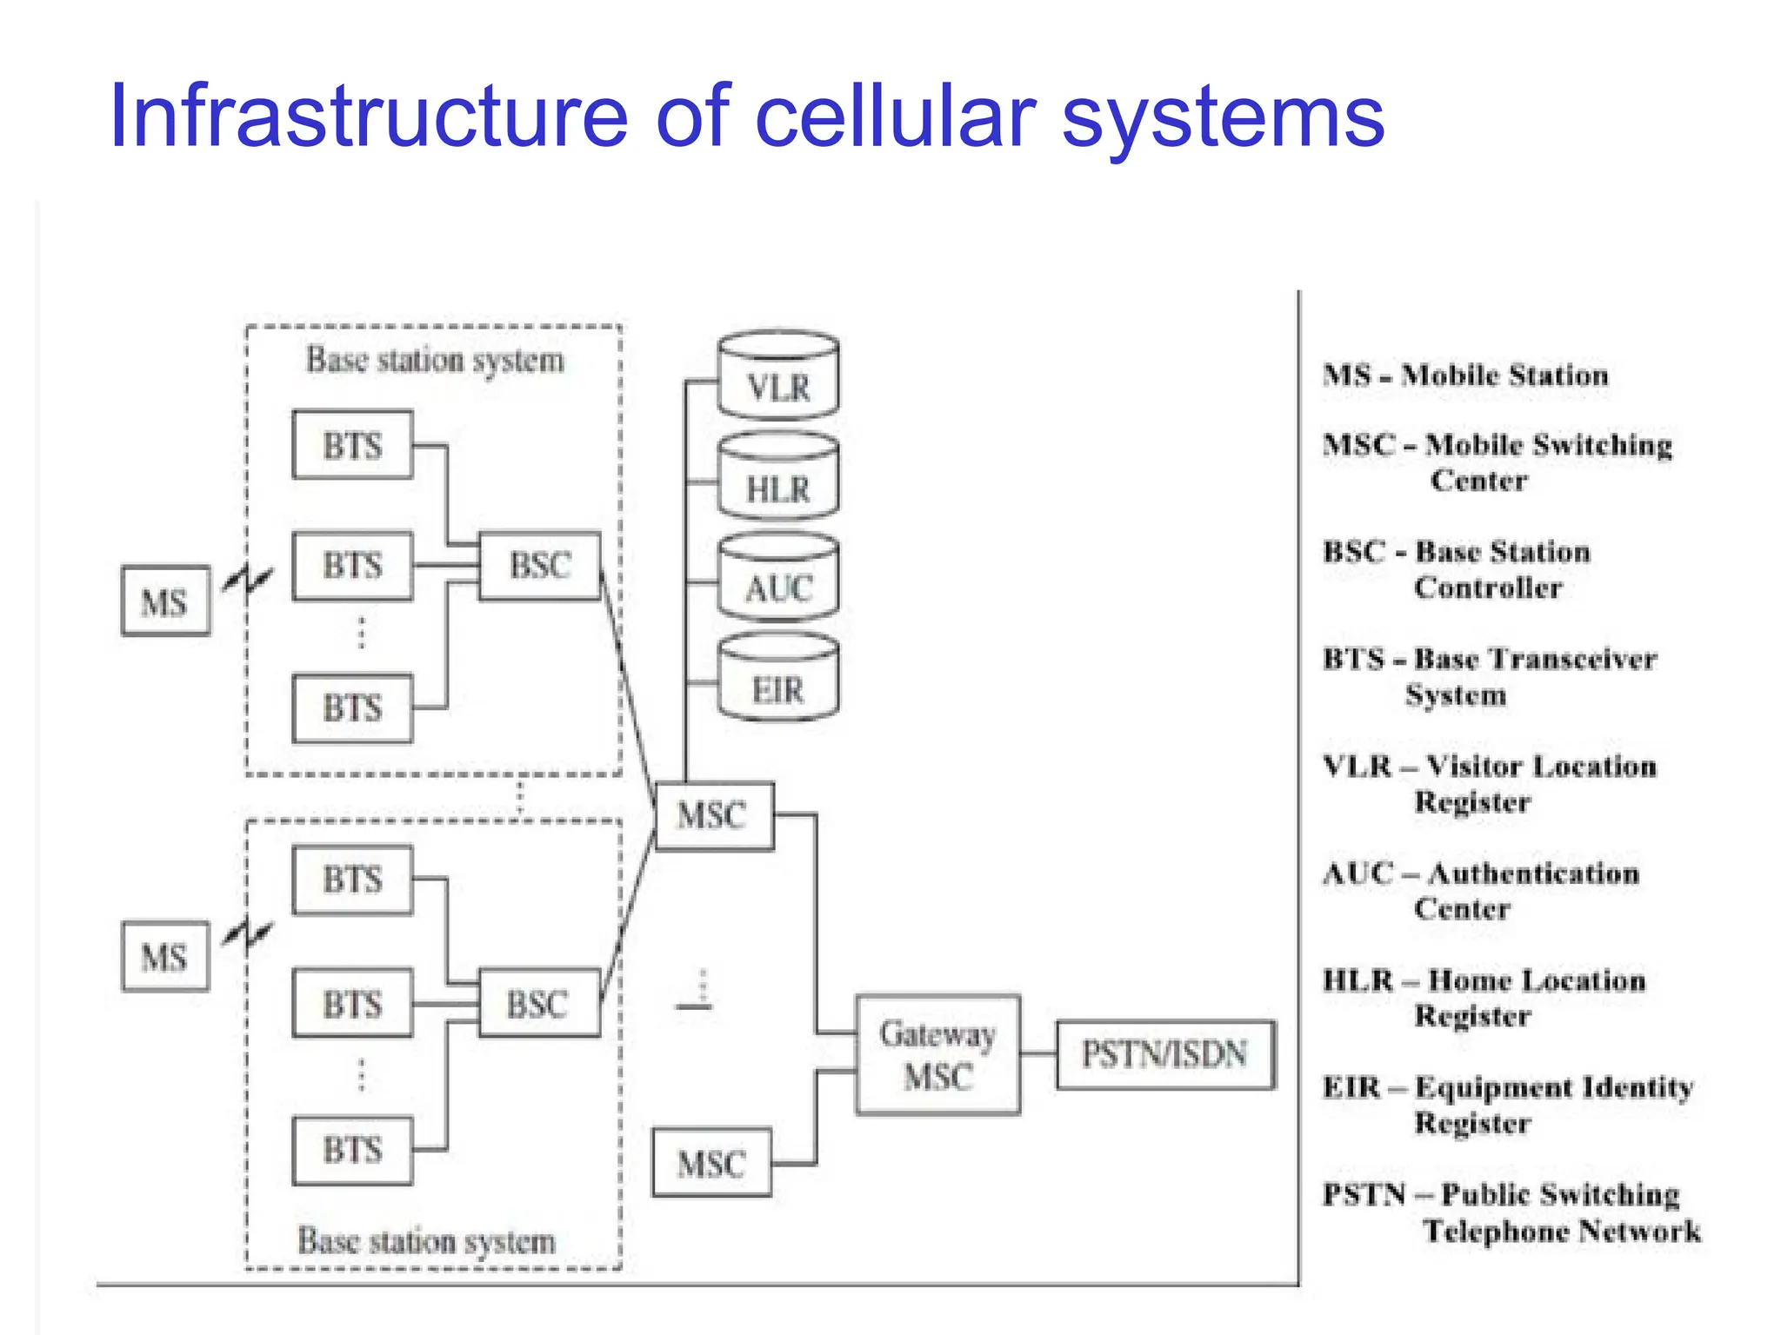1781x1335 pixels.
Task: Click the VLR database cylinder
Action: point(778,375)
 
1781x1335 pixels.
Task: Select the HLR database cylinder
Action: point(778,478)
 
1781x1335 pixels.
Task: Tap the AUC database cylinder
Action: point(778,578)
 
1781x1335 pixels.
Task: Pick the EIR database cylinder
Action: point(778,680)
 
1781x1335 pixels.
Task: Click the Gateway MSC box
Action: point(937,1054)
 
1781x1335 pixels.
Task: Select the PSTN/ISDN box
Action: point(1165,1054)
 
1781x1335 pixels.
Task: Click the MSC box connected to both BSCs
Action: point(713,815)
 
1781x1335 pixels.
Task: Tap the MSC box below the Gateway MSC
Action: point(711,1163)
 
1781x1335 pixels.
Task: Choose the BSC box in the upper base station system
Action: point(540,566)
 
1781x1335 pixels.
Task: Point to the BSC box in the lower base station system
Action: point(538,1004)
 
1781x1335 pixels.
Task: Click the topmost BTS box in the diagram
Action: point(352,445)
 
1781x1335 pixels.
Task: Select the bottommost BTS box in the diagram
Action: point(352,1150)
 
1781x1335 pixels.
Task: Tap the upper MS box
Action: point(165,601)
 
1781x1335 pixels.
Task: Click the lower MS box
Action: point(165,957)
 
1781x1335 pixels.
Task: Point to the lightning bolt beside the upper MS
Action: point(249,579)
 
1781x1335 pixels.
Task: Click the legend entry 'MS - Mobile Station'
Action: point(1465,375)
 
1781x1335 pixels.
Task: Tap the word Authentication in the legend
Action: point(1533,873)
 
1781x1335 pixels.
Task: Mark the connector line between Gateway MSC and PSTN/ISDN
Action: point(1038,1053)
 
